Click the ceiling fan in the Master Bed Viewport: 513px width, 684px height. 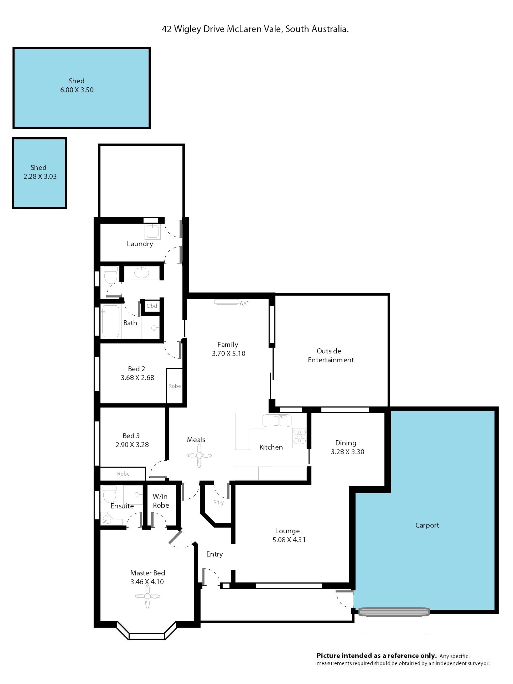point(147,596)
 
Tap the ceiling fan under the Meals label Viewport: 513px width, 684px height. point(199,455)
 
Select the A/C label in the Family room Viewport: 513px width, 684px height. point(244,303)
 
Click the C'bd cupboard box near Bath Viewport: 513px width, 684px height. point(152,306)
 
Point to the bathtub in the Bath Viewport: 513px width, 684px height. point(111,321)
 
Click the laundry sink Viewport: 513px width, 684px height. point(153,231)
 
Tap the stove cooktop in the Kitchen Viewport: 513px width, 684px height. point(299,437)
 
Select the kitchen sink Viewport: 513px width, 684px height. point(277,421)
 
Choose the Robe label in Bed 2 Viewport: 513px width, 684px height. point(174,386)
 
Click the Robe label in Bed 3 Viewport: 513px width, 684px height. point(123,473)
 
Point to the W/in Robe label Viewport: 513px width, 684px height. point(161,501)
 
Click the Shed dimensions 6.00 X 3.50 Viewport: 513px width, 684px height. point(77,90)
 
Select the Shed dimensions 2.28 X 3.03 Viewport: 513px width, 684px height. point(40,176)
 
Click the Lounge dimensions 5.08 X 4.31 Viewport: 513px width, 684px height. point(289,540)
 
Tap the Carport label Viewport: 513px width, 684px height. point(427,525)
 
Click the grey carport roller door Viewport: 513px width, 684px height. point(394,611)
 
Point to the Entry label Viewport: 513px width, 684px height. point(215,554)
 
